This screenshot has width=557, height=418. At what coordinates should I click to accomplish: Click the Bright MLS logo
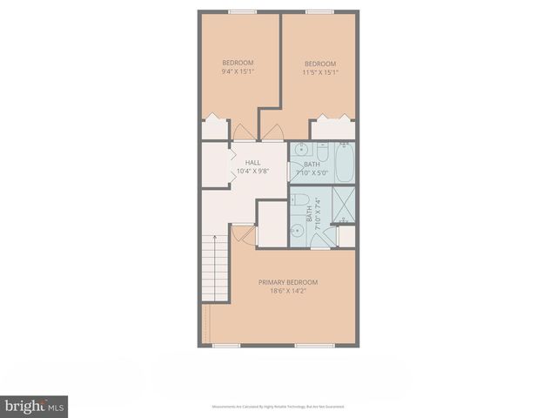pos(34,406)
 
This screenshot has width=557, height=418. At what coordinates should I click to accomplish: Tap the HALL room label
pos(252,162)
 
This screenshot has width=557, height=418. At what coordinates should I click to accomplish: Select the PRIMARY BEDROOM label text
pos(288,282)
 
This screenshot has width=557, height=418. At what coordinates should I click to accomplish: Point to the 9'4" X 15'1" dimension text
pos(238,72)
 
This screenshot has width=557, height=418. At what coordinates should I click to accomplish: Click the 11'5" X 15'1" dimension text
pos(320,72)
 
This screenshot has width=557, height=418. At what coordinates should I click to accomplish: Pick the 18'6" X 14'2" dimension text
pos(288,293)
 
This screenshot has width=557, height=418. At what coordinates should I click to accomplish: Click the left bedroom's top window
pos(241,11)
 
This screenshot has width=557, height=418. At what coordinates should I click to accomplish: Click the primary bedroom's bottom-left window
pos(227,346)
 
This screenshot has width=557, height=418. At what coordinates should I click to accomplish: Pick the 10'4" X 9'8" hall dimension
pos(252,171)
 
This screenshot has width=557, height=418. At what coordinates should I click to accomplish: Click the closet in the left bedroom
pos(214,129)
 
